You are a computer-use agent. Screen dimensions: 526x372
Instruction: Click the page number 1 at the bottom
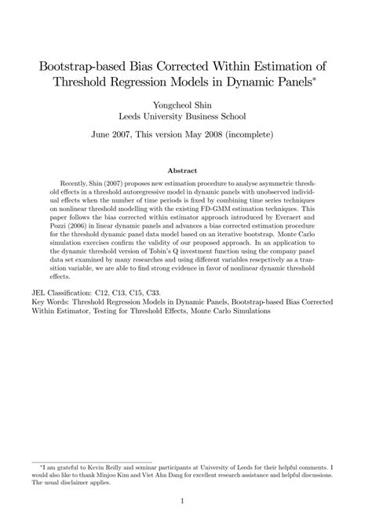182,501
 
